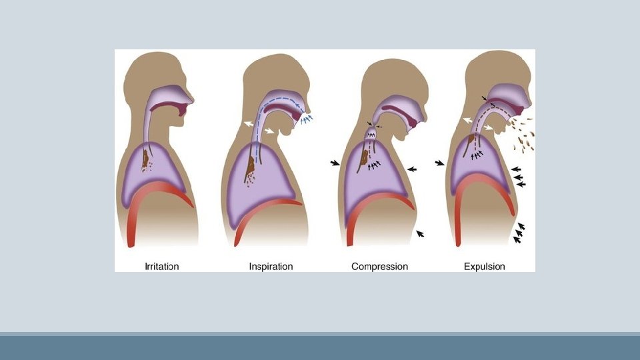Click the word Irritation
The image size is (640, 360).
(162, 267)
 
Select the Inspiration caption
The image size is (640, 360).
(271, 267)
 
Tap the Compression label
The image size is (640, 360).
(379, 267)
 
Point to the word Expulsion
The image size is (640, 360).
(484, 267)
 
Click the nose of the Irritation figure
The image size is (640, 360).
(191, 100)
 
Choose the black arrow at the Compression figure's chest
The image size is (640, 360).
(413, 169)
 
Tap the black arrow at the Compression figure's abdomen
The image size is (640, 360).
(419, 233)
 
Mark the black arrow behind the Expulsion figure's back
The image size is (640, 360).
(439, 163)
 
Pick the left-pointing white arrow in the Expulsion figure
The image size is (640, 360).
(469, 119)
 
